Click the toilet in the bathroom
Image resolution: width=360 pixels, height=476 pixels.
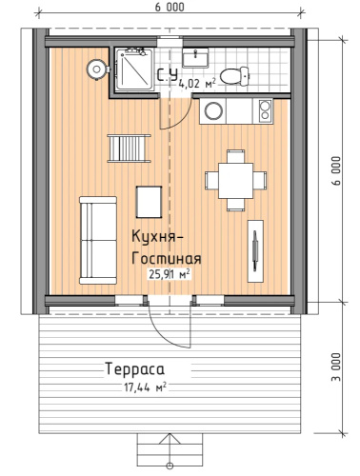[x=234, y=76]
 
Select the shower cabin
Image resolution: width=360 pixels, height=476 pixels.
[x=134, y=69]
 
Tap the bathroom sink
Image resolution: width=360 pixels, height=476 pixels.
[x=195, y=58]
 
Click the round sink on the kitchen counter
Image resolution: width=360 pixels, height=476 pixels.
[x=213, y=110]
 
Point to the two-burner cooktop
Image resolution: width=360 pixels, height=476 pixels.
[x=265, y=110]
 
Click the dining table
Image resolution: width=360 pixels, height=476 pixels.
[x=235, y=181]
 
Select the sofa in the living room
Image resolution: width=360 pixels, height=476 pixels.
[x=98, y=240]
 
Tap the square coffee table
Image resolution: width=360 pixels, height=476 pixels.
[x=149, y=202]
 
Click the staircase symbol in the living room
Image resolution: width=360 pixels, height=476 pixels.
[x=129, y=149]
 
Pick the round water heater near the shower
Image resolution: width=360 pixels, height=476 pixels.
[x=96, y=69]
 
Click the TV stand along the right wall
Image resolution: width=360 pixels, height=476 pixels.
[x=255, y=251]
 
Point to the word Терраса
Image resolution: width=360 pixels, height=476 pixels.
[x=135, y=369]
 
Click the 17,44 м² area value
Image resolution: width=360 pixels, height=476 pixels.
[x=145, y=387]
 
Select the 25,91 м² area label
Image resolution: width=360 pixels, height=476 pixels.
[x=170, y=274]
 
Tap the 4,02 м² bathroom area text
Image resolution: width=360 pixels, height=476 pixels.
[x=197, y=84]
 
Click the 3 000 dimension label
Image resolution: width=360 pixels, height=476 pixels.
[x=337, y=367]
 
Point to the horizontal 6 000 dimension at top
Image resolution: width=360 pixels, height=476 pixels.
[x=170, y=7]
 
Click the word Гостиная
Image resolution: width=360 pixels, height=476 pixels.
[x=167, y=258]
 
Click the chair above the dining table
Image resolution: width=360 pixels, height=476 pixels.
[x=236, y=157]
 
